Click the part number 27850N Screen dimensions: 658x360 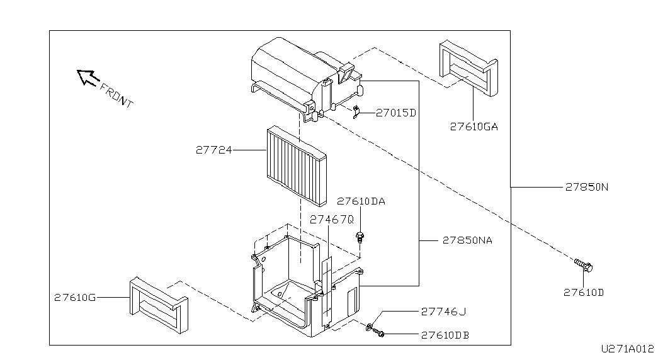[587, 187]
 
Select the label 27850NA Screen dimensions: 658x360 [467, 240]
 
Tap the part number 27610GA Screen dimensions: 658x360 [474, 127]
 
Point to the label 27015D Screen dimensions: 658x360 [395, 113]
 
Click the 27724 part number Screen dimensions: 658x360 [213, 150]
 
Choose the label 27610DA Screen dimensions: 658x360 [361, 201]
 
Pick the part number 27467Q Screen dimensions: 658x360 [331, 220]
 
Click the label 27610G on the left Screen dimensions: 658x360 [75, 298]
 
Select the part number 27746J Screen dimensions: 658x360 [443, 312]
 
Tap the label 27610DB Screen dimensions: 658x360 [445, 335]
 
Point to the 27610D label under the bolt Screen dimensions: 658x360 [583, 293]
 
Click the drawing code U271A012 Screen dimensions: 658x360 [627, 349]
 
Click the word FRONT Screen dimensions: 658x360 [116, 95]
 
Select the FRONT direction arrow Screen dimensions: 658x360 [88, 77]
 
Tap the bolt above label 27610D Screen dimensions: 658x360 [583, 265]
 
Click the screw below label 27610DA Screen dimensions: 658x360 [360, 237]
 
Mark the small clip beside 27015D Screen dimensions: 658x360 [356, 112]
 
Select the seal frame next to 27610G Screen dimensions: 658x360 [159, 305]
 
